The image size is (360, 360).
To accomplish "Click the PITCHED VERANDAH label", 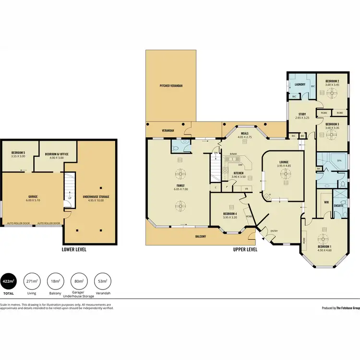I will click(171, 85).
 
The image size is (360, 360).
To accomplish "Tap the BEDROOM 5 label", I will click(18, 154).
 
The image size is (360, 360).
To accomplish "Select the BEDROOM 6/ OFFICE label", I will click(57, 154).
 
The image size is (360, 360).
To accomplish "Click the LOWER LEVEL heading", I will click(74, 250).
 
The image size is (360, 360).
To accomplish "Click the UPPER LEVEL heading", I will click(245, 250).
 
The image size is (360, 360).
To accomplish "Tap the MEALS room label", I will click(244, 134).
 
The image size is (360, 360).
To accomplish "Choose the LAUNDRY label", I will click(300, 84).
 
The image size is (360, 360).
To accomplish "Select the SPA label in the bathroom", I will click(339, 160).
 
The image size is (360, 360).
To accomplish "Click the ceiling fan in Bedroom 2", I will click(332, 94).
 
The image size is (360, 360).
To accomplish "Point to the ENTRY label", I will click(274, 231).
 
